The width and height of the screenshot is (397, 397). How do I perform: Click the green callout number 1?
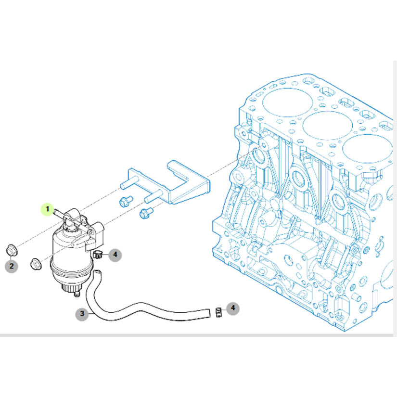tap(47, 209)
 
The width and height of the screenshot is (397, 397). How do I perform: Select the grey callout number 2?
tap(12, 266)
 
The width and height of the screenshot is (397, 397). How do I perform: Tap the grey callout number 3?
tap(82, 314)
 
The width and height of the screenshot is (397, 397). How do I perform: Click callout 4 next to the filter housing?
tap(115, 255)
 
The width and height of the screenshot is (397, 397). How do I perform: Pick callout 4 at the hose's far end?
tap(233, 308)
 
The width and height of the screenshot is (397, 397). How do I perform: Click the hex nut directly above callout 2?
tap(12, 250)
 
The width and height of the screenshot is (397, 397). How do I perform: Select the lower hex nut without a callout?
tap(36, 264)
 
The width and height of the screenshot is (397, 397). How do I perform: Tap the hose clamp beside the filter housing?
tap(97, 254)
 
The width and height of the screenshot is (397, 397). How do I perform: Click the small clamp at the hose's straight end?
tap(218, 312)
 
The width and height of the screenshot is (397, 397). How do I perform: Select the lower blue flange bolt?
tap(146, 213)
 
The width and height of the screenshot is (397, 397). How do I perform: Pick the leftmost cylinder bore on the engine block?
tap(288, 102)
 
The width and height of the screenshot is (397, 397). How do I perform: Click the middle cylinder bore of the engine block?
tap(327, 126)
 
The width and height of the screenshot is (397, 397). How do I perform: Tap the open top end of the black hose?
tap(98, 273)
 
